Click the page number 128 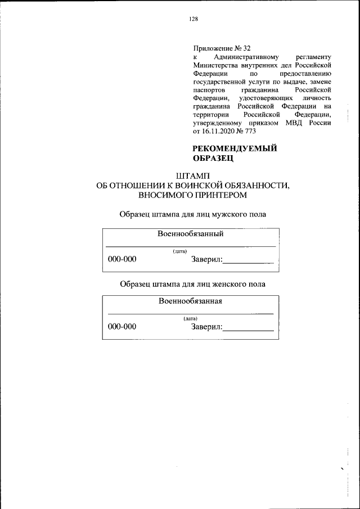193,19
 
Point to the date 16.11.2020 222,130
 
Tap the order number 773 249,130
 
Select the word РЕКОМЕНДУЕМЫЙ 236,148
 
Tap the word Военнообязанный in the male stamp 191,233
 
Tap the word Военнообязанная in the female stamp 190,300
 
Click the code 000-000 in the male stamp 122,259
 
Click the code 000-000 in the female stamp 122,326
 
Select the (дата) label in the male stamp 180,251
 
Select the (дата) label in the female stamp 190,318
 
